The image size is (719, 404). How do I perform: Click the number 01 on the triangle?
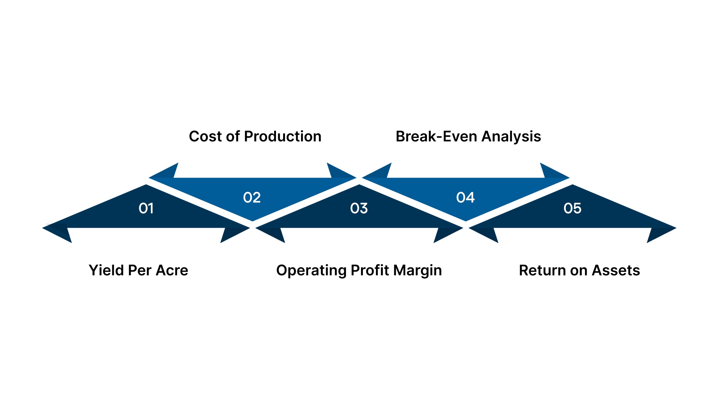pos(146,208)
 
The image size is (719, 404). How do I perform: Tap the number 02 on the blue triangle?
pos(252,198)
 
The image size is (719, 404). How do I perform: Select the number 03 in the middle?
pos(359,208)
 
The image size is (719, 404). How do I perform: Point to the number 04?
pos(465,198)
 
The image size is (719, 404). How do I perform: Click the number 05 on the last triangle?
pos(572,208)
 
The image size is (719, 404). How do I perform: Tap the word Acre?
pos(172,270)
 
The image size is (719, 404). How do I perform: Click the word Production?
pos(283,137)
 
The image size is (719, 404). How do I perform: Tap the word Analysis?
pos(511,137)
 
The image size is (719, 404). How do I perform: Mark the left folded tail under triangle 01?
pos(60,234)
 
